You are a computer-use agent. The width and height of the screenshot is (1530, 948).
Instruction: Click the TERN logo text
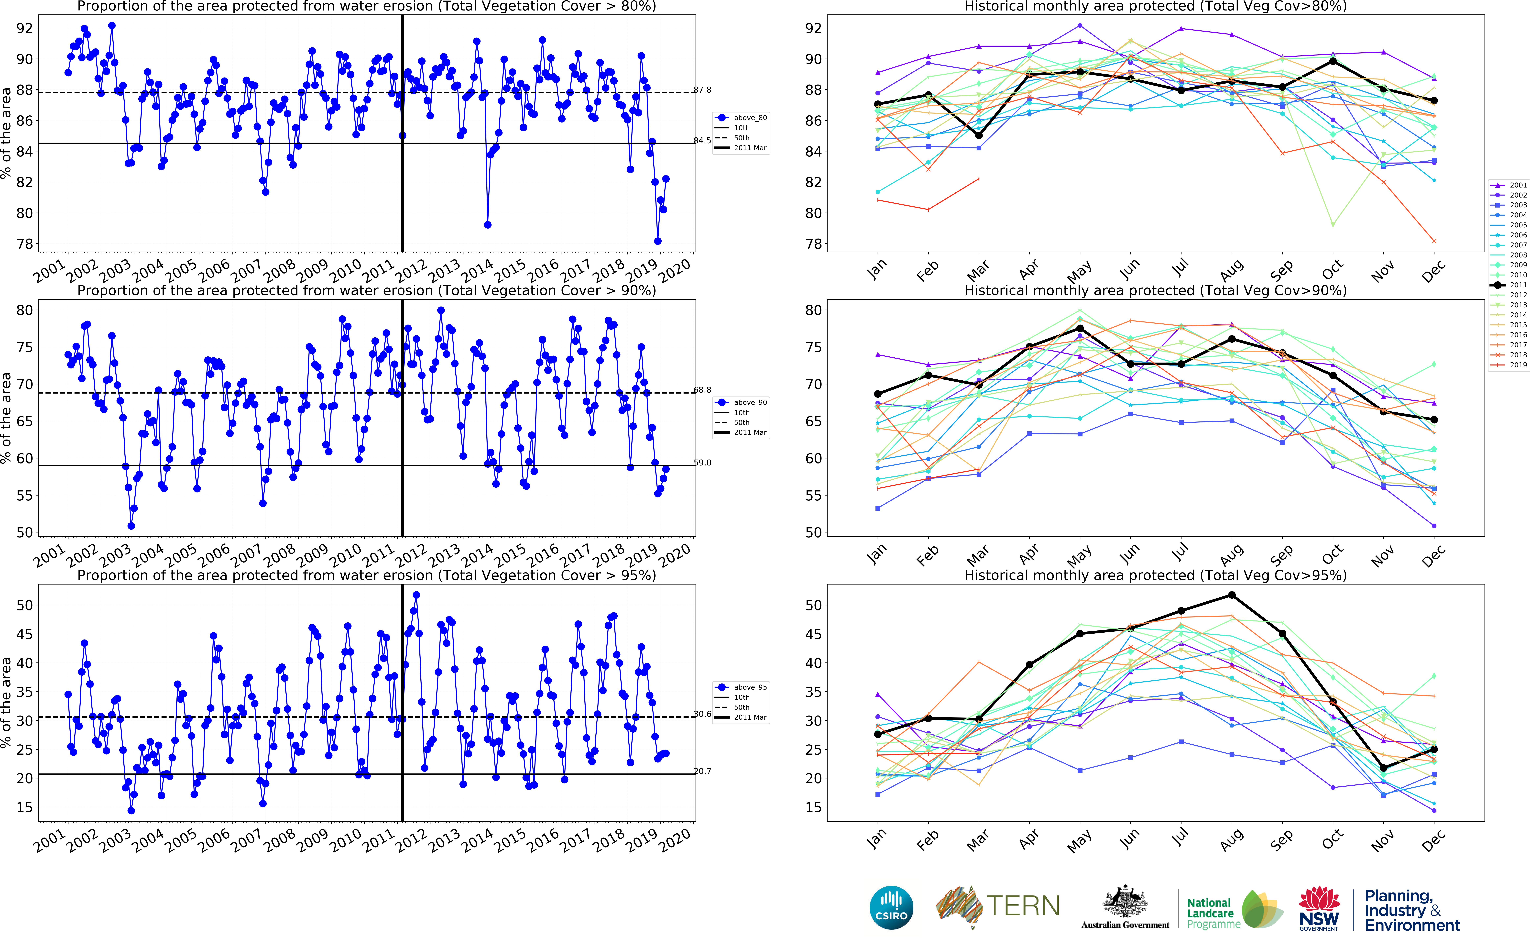point(1023,907)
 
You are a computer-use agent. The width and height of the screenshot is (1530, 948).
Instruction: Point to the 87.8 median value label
point(703,90)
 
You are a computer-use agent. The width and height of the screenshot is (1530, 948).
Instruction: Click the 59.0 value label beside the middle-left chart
point(703,463)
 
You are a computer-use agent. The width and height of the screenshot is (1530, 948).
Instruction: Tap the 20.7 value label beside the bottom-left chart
point(703,771)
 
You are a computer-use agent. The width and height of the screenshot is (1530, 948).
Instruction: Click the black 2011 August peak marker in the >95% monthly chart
point(1232,595)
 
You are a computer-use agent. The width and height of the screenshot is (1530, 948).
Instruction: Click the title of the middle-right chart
point(1155,290)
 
